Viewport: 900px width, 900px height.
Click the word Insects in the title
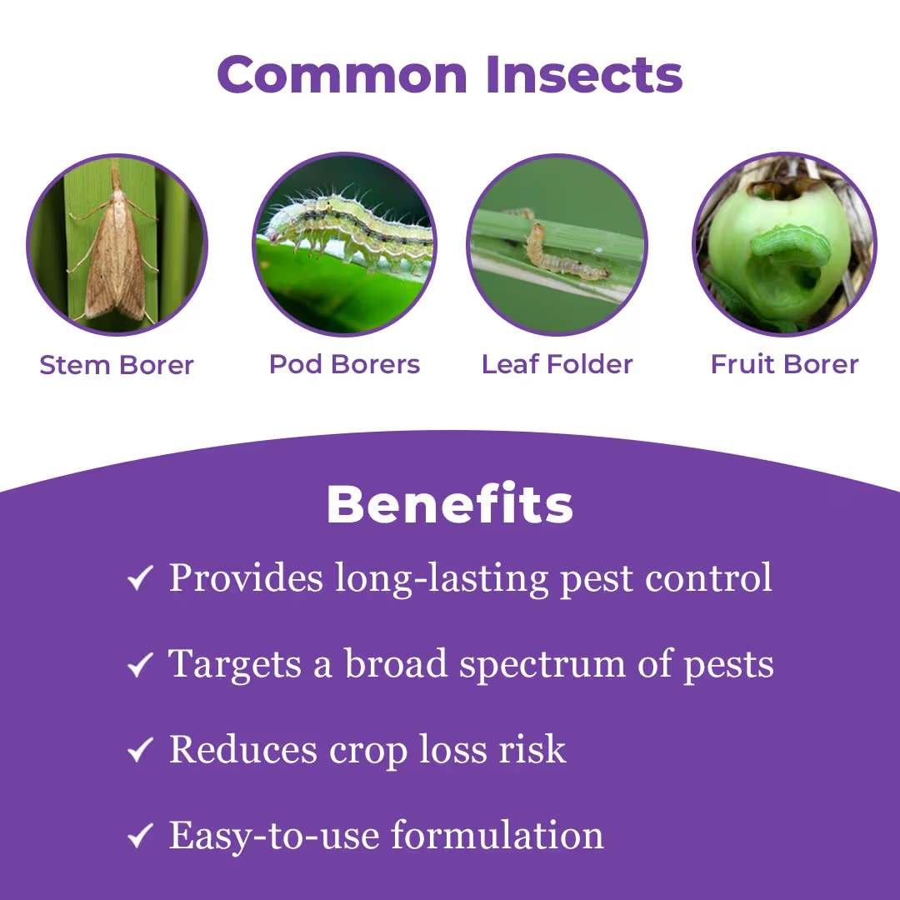[584, 74]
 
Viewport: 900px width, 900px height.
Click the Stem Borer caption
[117, 365]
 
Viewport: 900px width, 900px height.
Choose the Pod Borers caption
[344, 364]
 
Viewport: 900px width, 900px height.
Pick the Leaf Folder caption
[557, 364]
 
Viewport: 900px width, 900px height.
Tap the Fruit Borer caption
[784, 364]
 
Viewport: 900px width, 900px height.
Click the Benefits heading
[450, 504]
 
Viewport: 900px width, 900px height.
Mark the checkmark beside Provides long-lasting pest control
[139, 578]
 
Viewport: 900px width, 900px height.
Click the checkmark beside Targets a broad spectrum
[139, 665]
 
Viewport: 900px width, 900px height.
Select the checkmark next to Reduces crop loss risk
[139, 751]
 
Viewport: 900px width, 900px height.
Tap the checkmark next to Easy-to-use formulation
[139, 837]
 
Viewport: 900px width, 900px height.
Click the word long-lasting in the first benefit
[442, 578]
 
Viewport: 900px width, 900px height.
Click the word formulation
[497, 835]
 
